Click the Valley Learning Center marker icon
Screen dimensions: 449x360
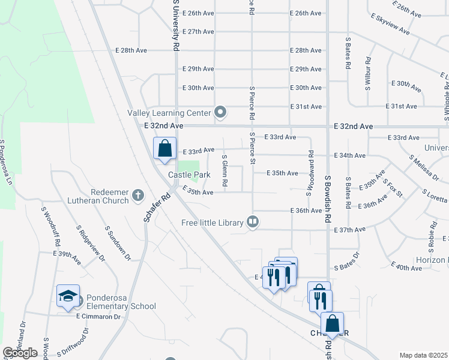[x=220, y=112]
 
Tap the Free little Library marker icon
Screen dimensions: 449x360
[x=253, y=223]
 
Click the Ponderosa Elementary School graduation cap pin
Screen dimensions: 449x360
[x=68, y=295]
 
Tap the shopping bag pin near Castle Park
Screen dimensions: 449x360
[x=164, y=148]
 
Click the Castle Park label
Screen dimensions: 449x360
[x=189, y=175]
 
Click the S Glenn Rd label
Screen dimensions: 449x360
[x=224, y=172]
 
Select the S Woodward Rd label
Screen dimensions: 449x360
[x=310, y=173]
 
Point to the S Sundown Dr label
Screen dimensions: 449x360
[x=118, y=243]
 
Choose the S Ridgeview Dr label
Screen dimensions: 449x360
[x=91, y=244]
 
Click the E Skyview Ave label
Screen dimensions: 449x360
[x=390, y=23]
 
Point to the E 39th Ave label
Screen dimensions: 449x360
[x=67, y=254]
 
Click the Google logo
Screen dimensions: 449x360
[x=20, y=353]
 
